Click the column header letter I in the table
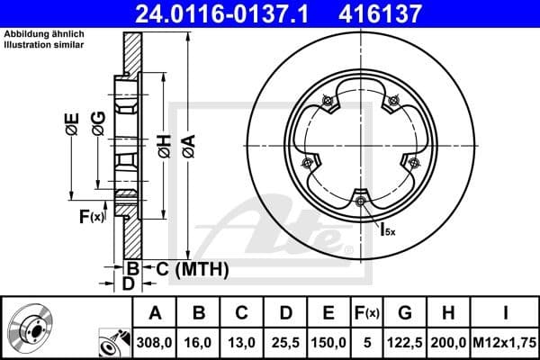[x=507, y=312]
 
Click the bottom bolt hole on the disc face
[x=360, y=201]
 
